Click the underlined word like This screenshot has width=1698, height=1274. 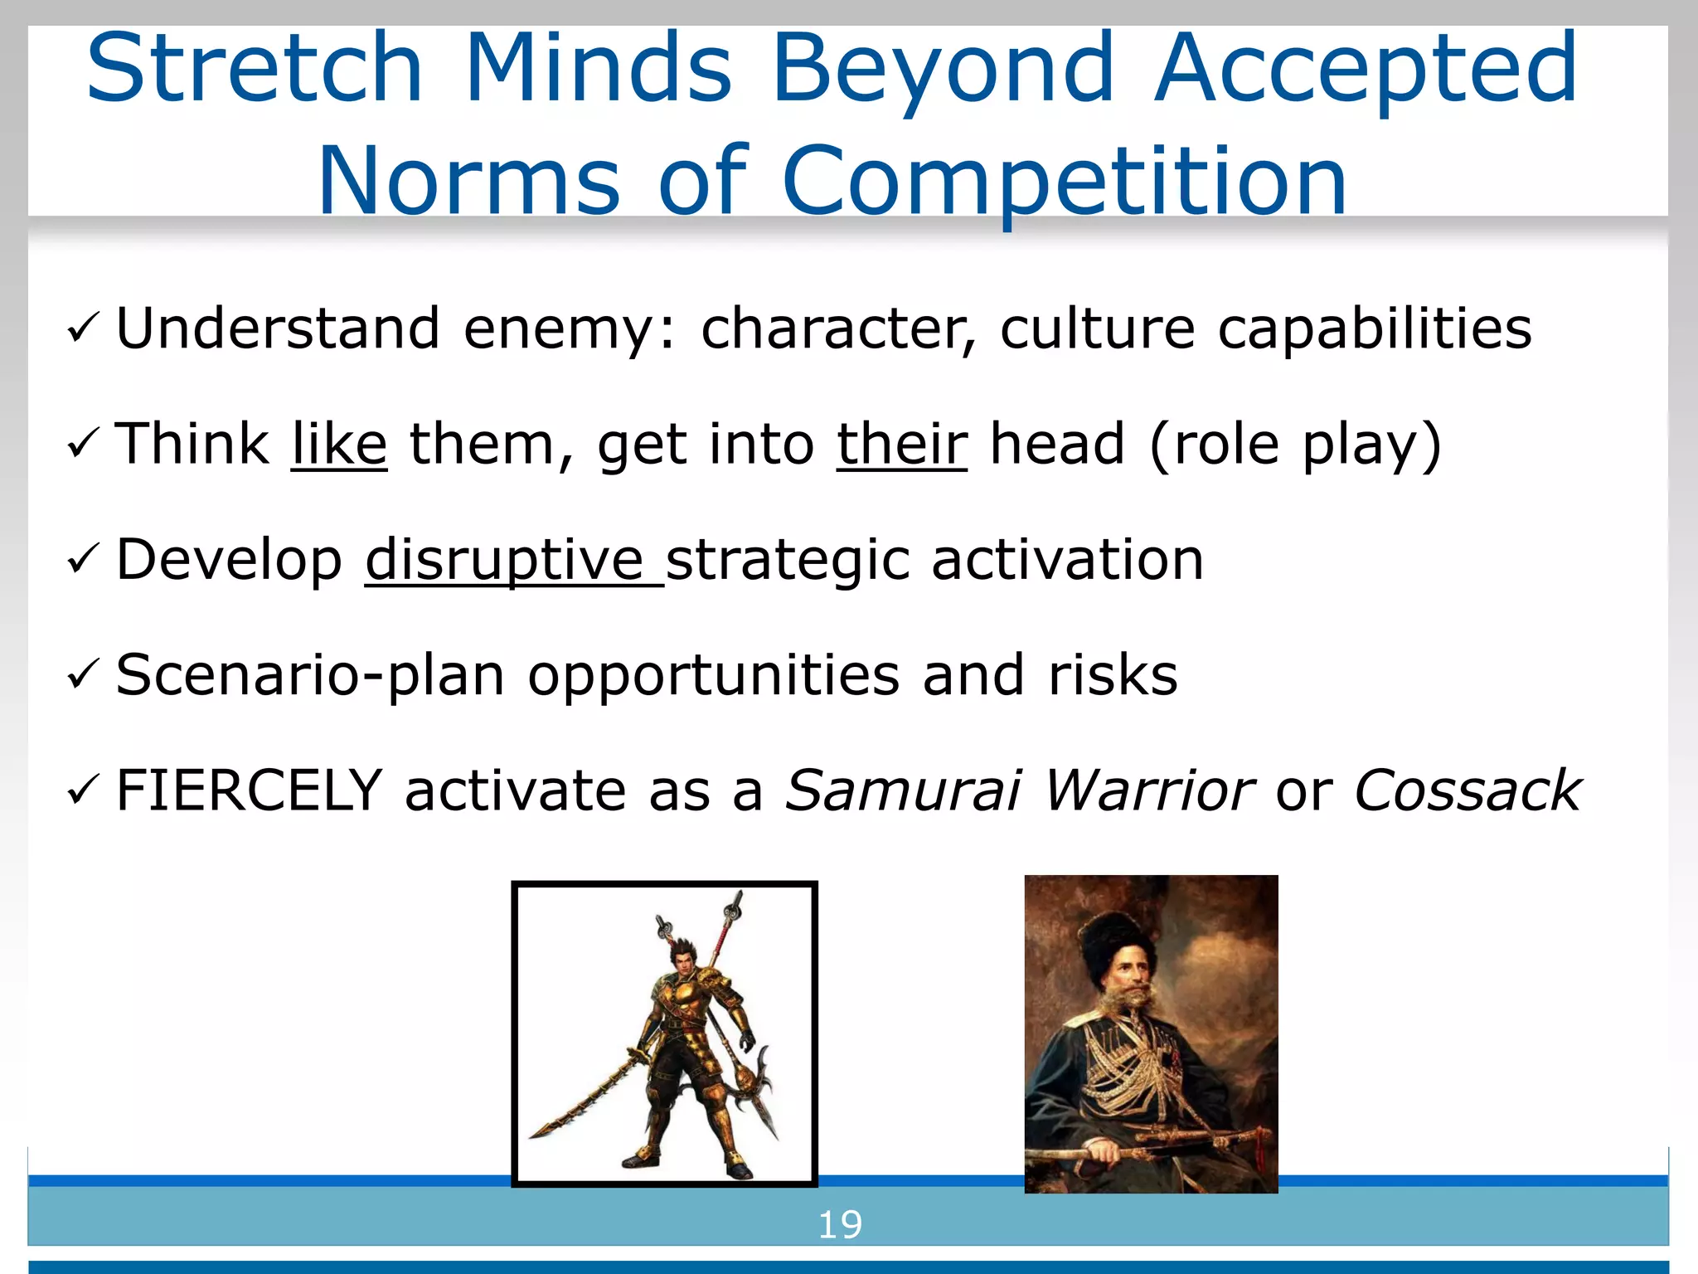pos(339,445)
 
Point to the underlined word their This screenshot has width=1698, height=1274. pos(901,445)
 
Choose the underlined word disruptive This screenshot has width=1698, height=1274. pos(506,560)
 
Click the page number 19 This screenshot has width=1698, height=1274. pos(840,1225)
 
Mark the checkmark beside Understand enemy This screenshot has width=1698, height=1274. pos(83,328)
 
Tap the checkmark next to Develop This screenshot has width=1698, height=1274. pos(83,560)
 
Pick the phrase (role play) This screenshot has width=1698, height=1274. pos(1295,446)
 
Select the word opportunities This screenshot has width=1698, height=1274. pos(713,676)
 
